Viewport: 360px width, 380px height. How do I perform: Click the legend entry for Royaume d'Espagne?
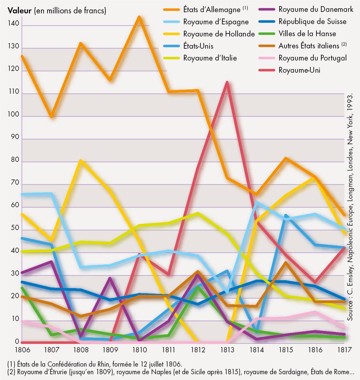[x=216, y=22]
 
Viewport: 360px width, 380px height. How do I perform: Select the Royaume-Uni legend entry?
[x=299, y=70]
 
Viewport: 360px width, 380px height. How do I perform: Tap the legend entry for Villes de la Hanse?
[x=307, y=34]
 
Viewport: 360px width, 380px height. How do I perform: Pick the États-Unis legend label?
[x=198, y=46]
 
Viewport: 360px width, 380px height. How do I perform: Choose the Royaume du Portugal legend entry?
[x=312, y=58]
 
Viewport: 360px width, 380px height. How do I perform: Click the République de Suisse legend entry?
[x=312, y=22]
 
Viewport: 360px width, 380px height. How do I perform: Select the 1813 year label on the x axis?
[x=227, y=350]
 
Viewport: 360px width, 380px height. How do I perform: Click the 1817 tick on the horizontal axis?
[x=344, y=350]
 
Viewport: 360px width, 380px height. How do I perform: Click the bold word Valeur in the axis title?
[x=19, y=11]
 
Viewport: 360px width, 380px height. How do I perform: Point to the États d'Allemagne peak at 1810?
[x=139, y=17]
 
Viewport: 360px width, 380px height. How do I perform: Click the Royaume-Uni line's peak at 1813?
[x=227, y=82]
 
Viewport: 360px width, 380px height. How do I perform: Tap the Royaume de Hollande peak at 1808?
[x=81, y=160]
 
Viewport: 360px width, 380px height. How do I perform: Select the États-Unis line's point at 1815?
[x=286, y=215]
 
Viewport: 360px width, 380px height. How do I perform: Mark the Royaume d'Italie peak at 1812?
[x=198, y=213]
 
